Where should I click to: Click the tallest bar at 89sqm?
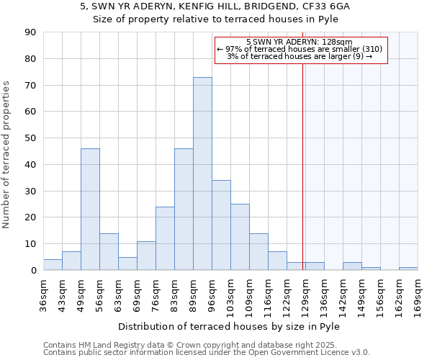click(x=202, y=174)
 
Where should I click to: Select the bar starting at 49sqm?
click(x=90, y=209)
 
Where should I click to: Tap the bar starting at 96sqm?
click(x=221, y=225)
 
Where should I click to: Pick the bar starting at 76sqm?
click(x=165, y=238)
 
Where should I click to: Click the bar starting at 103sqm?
click(x=240, y=237)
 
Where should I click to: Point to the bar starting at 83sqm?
click(x=184, y=209)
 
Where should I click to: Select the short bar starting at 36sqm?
click(x=53, y=265)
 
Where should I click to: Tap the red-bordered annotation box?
click(x=301, y=50)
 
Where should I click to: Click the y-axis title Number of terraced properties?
click(x=6, y=155)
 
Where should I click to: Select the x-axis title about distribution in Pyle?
click(x=230, y=326)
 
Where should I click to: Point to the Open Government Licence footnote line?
click(x=207, y=353)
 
